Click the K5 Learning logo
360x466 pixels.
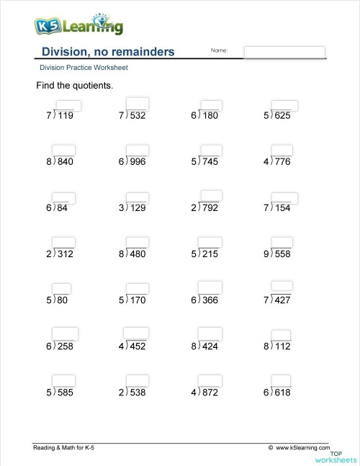coord(78,26)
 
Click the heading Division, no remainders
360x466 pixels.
coord(108,52)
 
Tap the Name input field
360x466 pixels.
coord(284,52)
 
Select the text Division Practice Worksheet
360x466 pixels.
coord(84,68)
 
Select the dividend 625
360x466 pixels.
coord(282,115)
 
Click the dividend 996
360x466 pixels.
coord(137,162)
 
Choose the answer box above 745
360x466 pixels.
coord(211,151)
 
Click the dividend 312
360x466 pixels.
coord(65,254)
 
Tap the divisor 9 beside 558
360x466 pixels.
coord(266,254)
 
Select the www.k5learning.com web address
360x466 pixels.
coord(301,448)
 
